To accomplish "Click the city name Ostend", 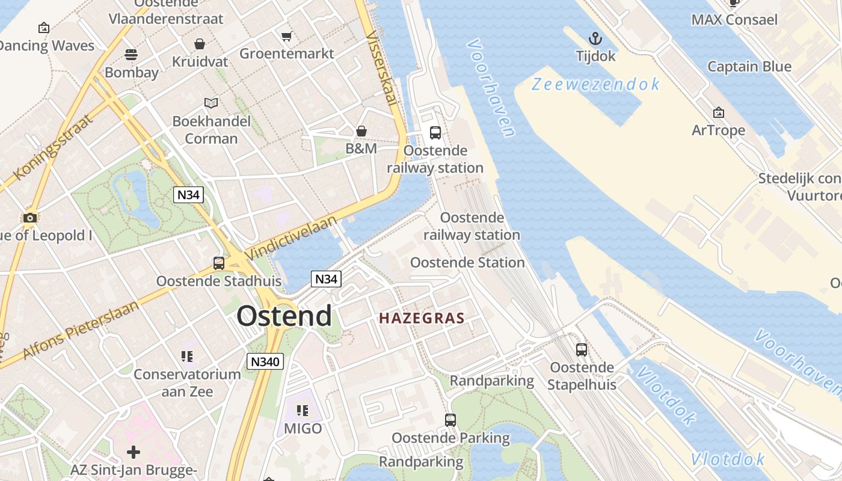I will click(284, 316).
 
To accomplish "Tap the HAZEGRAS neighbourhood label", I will click(422, 318).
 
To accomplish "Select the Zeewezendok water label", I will click(595, 84).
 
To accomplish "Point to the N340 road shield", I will click(265, 361).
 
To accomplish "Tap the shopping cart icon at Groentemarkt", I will click(287, 36).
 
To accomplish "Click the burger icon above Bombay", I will click(131, 55).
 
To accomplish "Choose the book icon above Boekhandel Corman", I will click(211, 103).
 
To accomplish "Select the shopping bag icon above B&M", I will click(361, 131).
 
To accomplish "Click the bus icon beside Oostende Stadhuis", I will click(219, 263).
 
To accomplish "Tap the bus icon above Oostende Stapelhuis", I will click(582, 350).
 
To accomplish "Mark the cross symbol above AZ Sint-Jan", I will click(134, 452).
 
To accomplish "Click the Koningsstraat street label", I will click(54, 146).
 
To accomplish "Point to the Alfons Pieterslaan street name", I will click(81, 329).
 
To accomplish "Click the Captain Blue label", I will click(749, 66).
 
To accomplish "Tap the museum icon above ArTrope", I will click(718, 112).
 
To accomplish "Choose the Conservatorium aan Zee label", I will click(187, 383).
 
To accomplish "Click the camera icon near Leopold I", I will click(29, 218).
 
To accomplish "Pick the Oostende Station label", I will click(467, 263).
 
